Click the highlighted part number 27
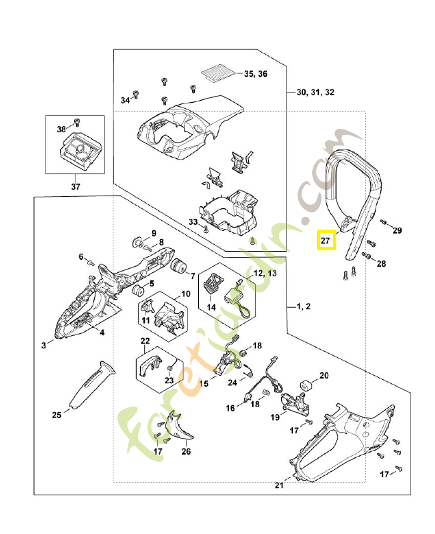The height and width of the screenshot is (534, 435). point(326,240)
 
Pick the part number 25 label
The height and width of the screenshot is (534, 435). point(57,415)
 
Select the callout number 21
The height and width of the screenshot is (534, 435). point(280,486)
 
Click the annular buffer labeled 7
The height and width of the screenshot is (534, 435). point(177,266)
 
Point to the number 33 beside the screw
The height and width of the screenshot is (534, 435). point(193,222)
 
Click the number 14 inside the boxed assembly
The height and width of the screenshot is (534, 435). point(211,308)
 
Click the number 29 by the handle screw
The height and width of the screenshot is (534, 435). point(398,231)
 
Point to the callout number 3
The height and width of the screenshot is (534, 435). point(44,345)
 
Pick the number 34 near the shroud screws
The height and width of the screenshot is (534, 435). point(125,100)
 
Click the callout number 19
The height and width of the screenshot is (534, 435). point(274,417)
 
